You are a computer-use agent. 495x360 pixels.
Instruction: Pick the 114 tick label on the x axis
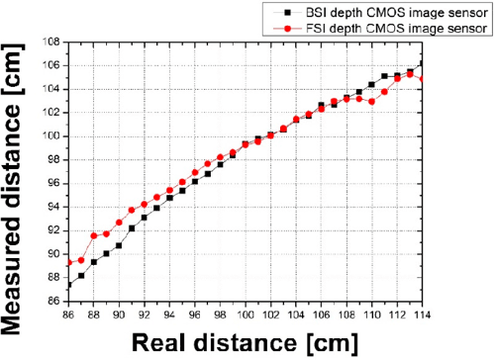[422, 315]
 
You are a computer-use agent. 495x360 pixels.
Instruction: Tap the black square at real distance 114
[422, 64]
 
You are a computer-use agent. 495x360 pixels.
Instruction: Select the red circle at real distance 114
[422, 79]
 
